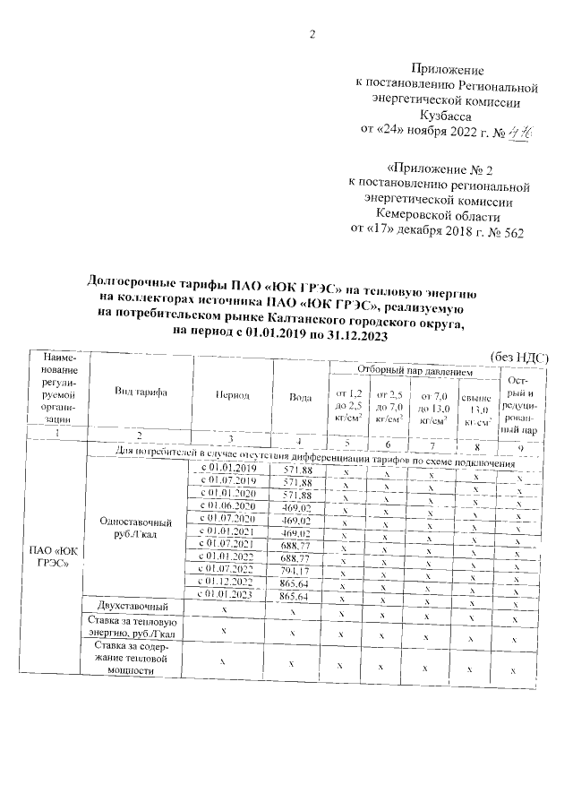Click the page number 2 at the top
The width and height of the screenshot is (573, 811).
coord(313,35)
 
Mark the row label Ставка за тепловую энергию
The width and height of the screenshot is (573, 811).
coord(134,627)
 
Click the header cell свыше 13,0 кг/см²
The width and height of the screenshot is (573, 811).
coord(474,410)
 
